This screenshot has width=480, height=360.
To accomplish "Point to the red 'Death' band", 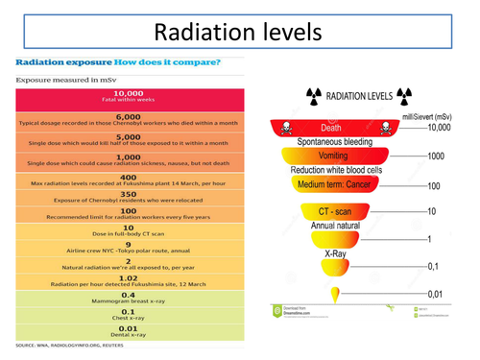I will tap(330, 127).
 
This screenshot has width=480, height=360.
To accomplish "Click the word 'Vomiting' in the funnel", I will tap(330, 156).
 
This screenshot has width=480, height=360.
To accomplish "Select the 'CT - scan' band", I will tap(331, 210).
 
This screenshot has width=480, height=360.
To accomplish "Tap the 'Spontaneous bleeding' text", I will tap(331, 141).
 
